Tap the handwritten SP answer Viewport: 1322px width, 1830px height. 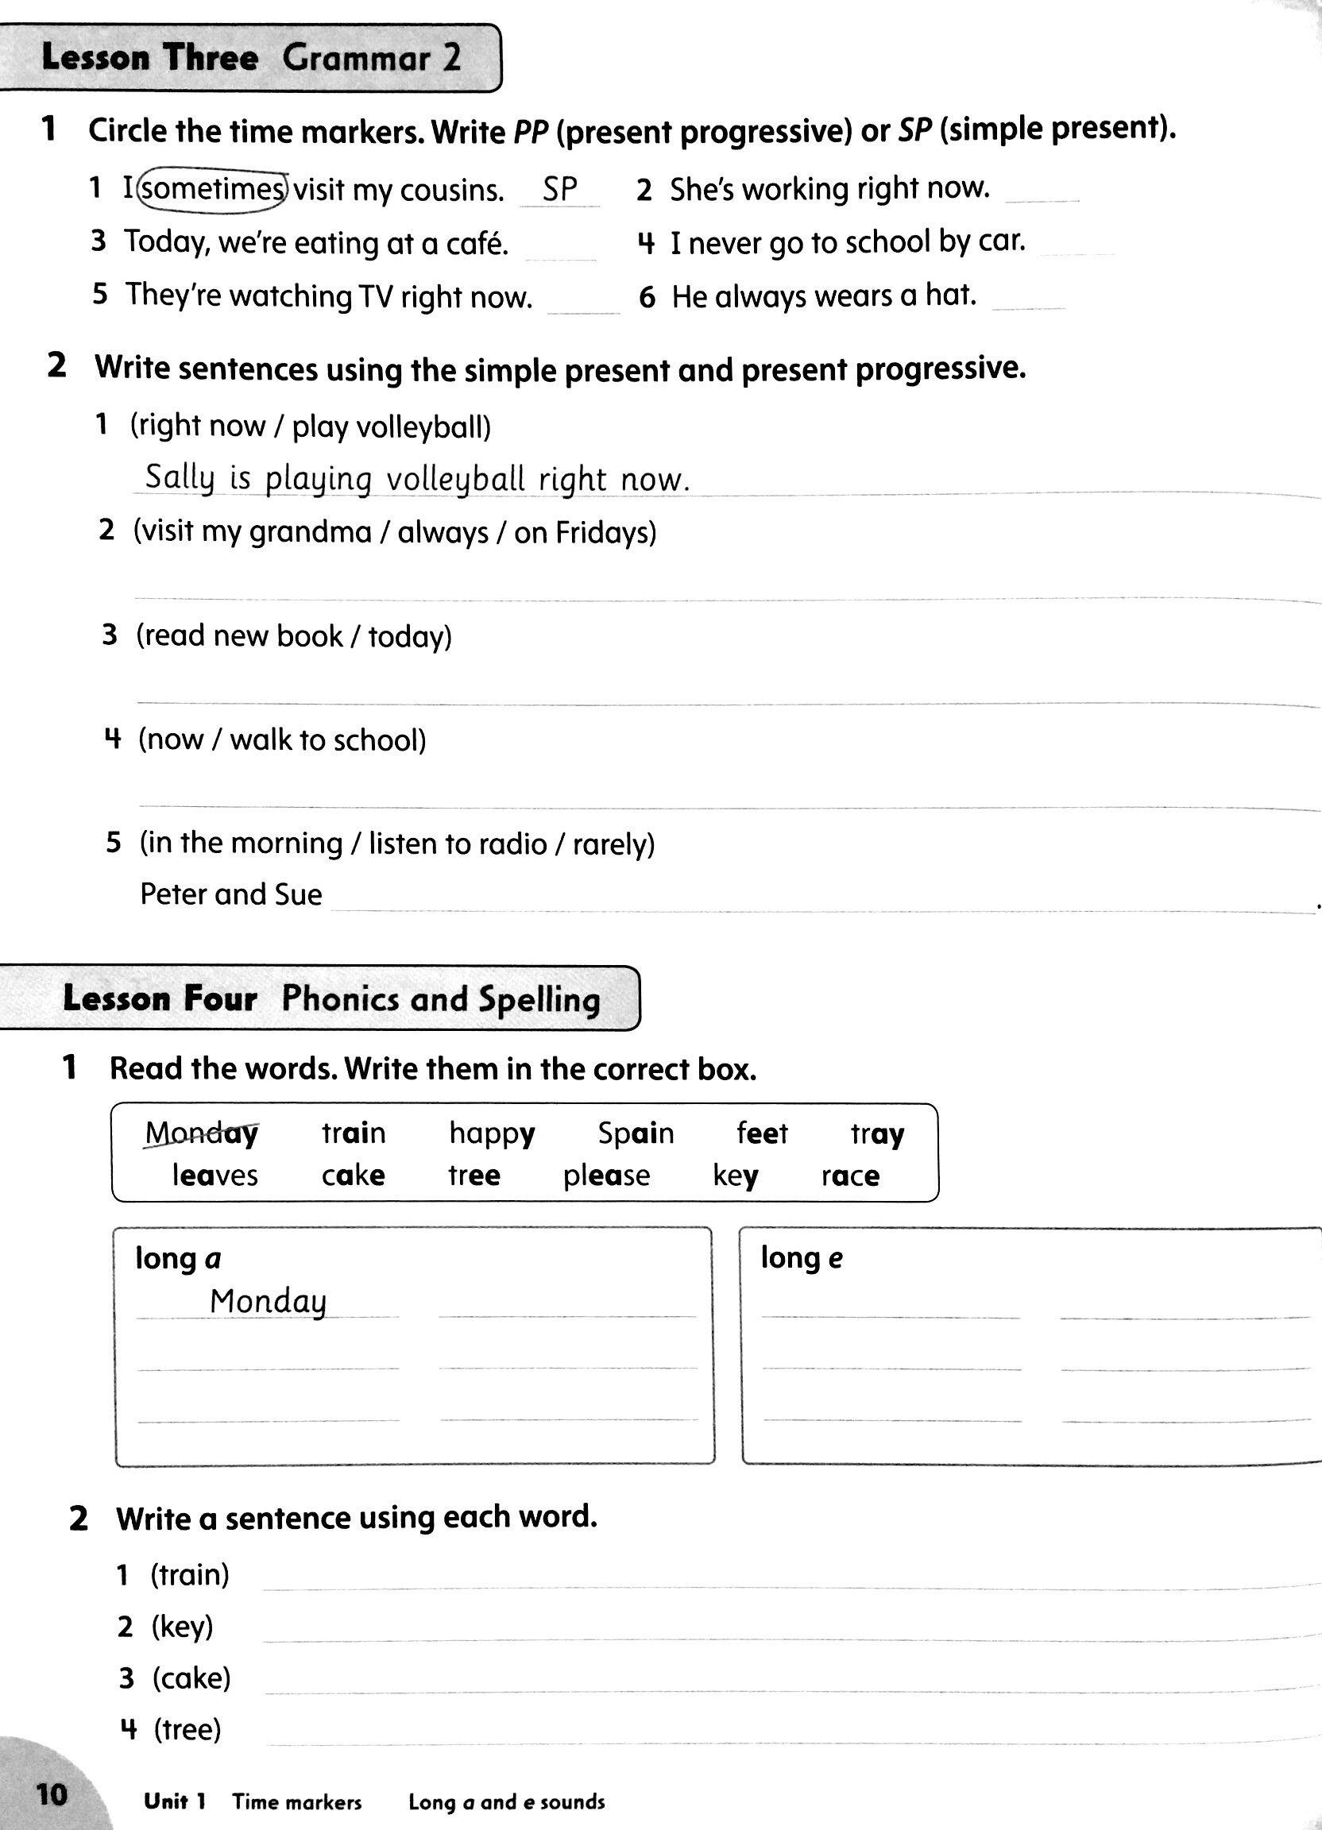560,189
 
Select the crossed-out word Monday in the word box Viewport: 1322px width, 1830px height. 202,1133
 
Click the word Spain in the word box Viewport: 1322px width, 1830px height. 635,1133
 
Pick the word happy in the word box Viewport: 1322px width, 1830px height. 492,1134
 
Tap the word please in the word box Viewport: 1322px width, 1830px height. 606,1176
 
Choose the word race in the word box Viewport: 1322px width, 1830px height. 850,1176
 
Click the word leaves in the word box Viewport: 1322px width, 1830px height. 215,1175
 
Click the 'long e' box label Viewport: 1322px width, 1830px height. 802,1257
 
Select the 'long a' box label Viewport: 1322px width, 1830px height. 177,1258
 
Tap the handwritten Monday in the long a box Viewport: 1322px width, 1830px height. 268,1302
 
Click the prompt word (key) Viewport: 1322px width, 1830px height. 183,1626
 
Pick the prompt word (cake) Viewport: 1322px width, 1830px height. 191,1678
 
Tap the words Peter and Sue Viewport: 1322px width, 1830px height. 231,894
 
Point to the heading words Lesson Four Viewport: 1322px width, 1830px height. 160,999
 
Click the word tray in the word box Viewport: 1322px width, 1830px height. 876,1134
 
